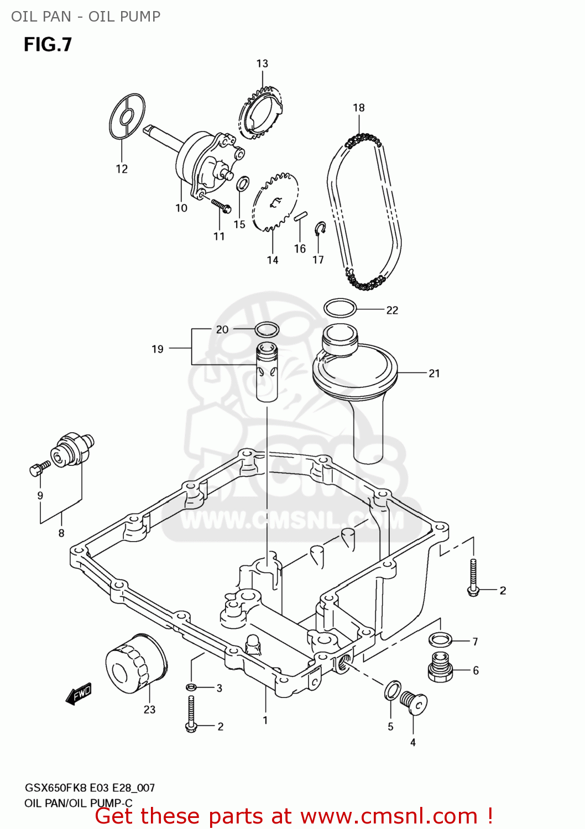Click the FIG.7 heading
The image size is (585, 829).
pyautogui.click(x=48, y=45)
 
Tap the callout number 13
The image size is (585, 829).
pyautogui.click(x=262, y=64)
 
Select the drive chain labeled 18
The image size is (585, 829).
pyautogui.click(x=364, y=210)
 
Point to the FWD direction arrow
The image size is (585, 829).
pyautogui.click(x=79, y=694)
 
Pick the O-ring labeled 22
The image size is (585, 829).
pyautogui.click(x=339, y=308)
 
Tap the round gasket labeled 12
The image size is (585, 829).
pyautogui.click(x=127, y=117)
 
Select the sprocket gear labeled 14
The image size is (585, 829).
pyautogui.click(x=275, y=202)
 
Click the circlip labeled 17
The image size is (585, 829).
pyautogui.click(x=320, y=228)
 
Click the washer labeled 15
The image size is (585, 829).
pyautogui.click(x=242, y=183)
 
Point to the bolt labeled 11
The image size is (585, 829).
pyautogui.click(x=221, y=206)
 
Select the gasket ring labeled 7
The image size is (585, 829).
pyautogui.click(x=441, y=640)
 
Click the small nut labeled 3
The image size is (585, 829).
pyautogui.click(x=191, y=688)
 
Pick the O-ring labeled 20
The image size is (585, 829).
pyautogui.click(x=267, y=330)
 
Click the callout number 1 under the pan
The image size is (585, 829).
pyautogui.click(x=265, y=720)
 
